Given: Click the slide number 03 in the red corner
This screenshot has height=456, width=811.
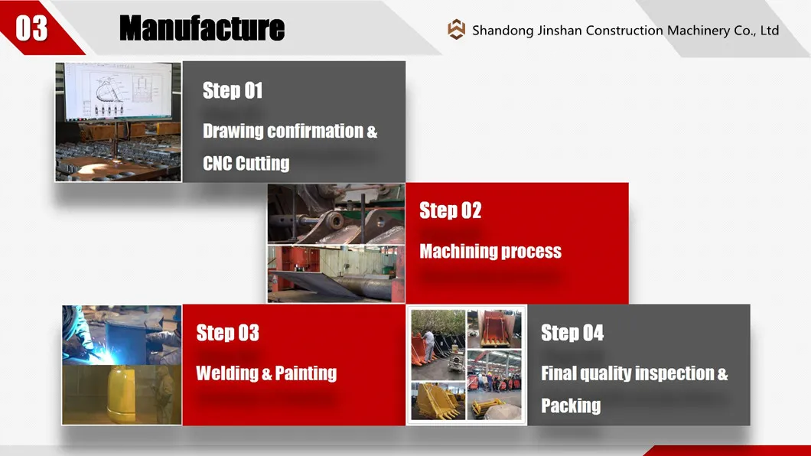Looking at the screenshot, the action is coord(31,28).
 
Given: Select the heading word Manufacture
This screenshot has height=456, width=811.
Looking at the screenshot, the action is coord(202,28).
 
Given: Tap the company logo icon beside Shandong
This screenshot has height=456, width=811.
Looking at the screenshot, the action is coord(456,30).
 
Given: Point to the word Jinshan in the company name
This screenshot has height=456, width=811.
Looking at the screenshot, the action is coord(559,31).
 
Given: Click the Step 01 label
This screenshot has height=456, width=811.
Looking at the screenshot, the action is coord(233,90).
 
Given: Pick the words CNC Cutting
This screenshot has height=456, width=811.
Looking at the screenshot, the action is coord(246,164).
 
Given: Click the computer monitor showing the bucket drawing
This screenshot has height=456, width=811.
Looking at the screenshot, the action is coord(119,91).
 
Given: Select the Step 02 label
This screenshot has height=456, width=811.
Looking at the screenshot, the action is coord(451,210).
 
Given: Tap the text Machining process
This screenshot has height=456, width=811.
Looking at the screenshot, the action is coord(490,251).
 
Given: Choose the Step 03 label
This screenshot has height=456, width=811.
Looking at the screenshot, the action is coord(227,333).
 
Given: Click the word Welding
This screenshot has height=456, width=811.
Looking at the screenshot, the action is coord(226,373).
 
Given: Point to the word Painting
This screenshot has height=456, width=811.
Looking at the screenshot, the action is coord(306,373).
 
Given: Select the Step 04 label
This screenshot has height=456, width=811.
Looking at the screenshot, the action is coord(572,333).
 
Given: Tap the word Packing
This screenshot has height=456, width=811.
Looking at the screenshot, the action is coord(571,406).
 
